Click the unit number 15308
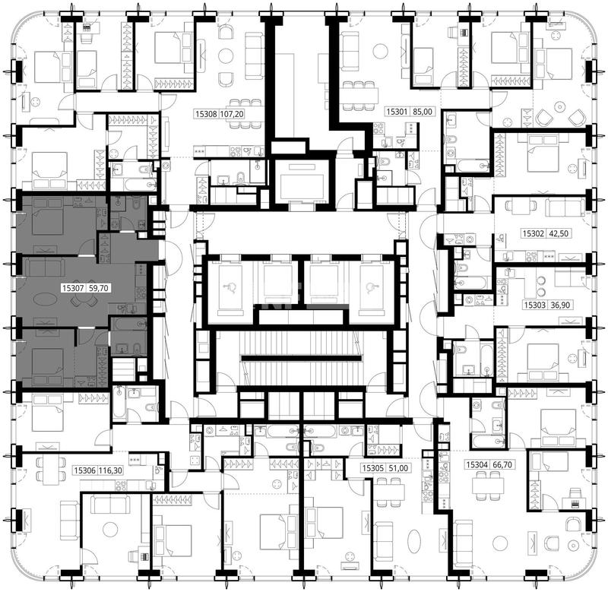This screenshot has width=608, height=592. point(206,114)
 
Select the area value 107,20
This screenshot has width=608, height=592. point(232,114)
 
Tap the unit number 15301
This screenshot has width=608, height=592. point(397,112)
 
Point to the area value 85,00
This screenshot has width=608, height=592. point(422,112)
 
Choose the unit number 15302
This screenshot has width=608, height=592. point(533,234)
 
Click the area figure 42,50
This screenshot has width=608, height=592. point(558,234)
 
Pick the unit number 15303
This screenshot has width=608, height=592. point(535,305)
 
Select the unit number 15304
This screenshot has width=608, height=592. point(477,464)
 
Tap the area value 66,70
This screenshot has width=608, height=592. point(502,464)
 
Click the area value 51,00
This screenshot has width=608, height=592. point(398,468)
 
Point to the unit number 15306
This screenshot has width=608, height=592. point(85,470)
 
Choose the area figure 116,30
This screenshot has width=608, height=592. point(110,470)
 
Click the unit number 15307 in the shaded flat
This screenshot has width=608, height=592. point(72,288)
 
